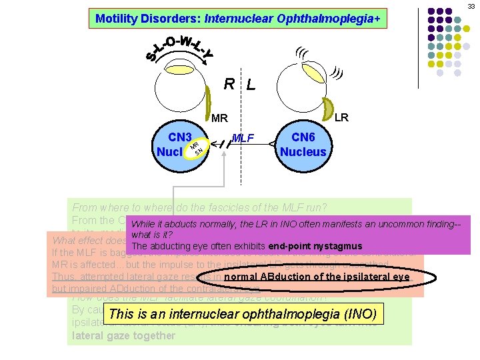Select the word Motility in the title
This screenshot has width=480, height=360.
coord(116,19)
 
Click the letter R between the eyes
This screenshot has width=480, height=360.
coord(229,84)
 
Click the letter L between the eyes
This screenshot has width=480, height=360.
coord(250,85)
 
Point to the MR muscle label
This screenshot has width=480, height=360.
coord(219,118)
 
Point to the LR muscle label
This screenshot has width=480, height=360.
coord(341,117)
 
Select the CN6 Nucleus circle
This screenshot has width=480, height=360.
coord(303,145)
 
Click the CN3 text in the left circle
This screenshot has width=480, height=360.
coord(180,137)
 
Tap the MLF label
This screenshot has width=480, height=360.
coord(242,138)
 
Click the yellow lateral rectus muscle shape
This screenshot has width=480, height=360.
coord(328,107)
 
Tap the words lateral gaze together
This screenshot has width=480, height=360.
coord(123,335)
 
